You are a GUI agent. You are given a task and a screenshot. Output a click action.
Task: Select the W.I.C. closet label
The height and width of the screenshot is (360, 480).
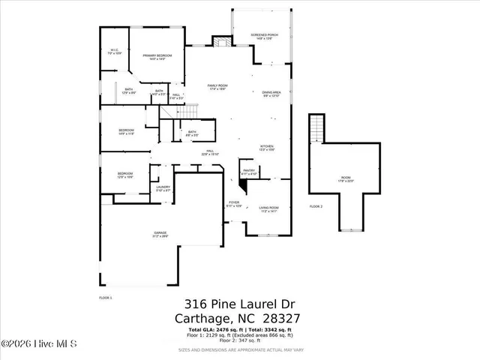coord(115,52)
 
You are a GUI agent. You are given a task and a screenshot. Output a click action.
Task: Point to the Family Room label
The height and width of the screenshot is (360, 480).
coord(217,87)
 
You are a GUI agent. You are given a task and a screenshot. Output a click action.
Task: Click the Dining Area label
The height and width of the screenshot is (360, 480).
coord(271,94)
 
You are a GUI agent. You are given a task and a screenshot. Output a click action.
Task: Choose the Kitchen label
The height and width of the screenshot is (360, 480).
coord(267,148)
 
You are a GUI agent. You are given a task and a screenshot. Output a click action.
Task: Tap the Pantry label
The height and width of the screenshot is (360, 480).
coord(249,172)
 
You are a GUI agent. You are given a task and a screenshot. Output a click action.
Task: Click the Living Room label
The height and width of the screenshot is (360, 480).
coord(268,208)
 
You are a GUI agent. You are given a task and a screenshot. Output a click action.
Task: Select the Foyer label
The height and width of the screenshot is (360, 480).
coord(235,203)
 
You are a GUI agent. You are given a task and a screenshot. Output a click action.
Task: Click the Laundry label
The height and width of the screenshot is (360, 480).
coord(163,188)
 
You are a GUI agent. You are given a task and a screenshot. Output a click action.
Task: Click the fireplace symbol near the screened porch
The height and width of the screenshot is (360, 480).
coord(220,42)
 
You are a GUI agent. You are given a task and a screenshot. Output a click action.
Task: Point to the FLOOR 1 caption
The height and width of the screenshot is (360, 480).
coord(105,298)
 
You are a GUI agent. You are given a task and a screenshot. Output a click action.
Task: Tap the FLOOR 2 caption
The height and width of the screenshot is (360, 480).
coord(316,206)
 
